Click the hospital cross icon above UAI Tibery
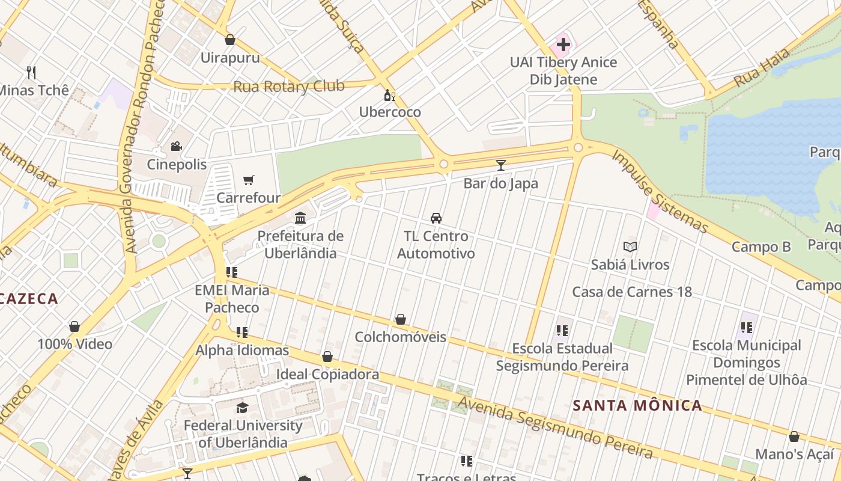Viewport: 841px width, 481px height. coord(563,44)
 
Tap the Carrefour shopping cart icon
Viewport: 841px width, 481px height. coord(249,180)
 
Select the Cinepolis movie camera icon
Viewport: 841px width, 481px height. coord(176,146)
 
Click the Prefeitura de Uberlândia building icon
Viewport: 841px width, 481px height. coord(300,218)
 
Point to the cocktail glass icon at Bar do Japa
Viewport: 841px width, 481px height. coord(500,165)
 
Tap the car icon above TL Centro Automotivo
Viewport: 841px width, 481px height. coord(436,218)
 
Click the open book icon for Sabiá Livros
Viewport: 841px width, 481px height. coord(630,247)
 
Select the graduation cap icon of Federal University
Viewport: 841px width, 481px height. coord(242,408)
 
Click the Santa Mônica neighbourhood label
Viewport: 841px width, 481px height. coord(637,405)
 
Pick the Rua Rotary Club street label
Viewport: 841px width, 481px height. coord(289,87)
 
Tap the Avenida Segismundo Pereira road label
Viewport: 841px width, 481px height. coord(556,427)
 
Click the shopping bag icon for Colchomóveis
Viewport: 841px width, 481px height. coord(400,319)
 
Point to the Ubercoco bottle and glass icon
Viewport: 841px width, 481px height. coord(389,95)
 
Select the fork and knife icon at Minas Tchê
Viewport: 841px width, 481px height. coord(31,73)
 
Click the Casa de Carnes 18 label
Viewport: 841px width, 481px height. coord(632,292)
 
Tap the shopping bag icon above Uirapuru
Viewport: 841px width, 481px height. coord(229,40)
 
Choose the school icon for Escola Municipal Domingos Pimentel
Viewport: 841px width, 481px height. coord(746,328)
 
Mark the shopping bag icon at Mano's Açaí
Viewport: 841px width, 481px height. coord(794,437)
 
